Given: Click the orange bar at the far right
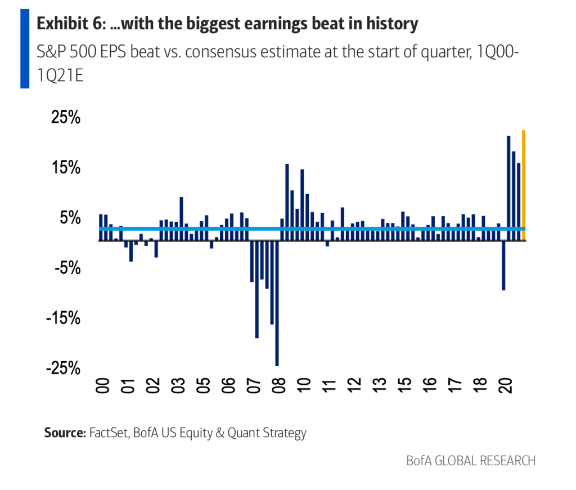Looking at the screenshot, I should coord(524,185).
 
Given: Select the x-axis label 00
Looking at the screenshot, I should coord(103,386).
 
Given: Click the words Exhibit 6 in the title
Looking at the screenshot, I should coord(66,24).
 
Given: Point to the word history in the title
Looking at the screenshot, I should coord(395,24).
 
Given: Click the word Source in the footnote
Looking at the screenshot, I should coord(64,433).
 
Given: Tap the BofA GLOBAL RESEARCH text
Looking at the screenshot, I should coord(470,461).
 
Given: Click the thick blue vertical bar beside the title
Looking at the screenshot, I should coord(24,49).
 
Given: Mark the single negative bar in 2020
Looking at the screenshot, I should coord(503,265).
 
